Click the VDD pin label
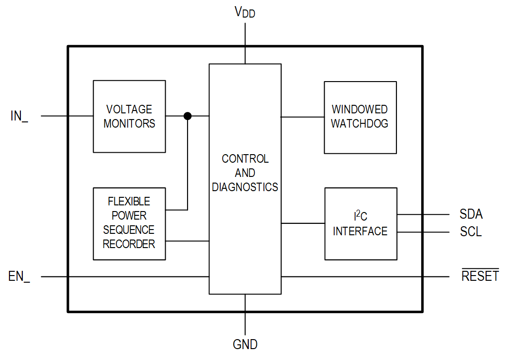[x=245, y=12]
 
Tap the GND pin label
[x=245, y=344]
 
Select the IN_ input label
[x=19, y=116]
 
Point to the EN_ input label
[x=19, y=277]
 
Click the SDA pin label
[x=471, y=214]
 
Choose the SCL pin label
[x=470, y=232]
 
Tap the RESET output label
[x=480, y=276]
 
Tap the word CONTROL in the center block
[x=245, y=159]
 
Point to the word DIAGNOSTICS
[x=245, y=187]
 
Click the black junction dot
[x=188, y=116]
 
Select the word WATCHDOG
[x=359, y=124]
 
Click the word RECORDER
[x=129, y=244]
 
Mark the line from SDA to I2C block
[x=422, y=214]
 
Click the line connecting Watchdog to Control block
[x=302, y=117]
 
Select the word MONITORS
[x=129, y=124]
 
